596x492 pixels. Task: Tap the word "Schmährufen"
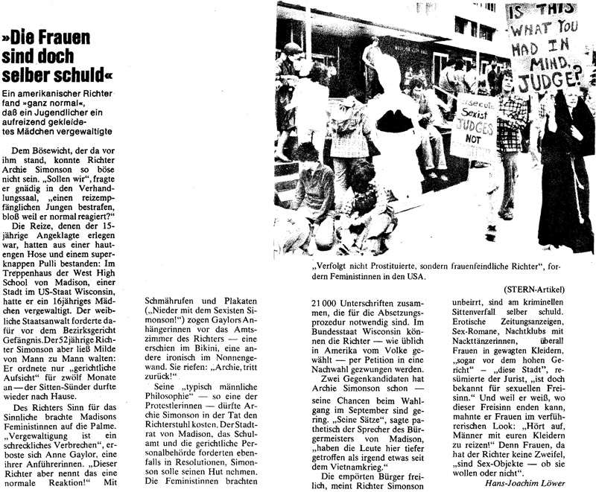[x=170, y=301]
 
